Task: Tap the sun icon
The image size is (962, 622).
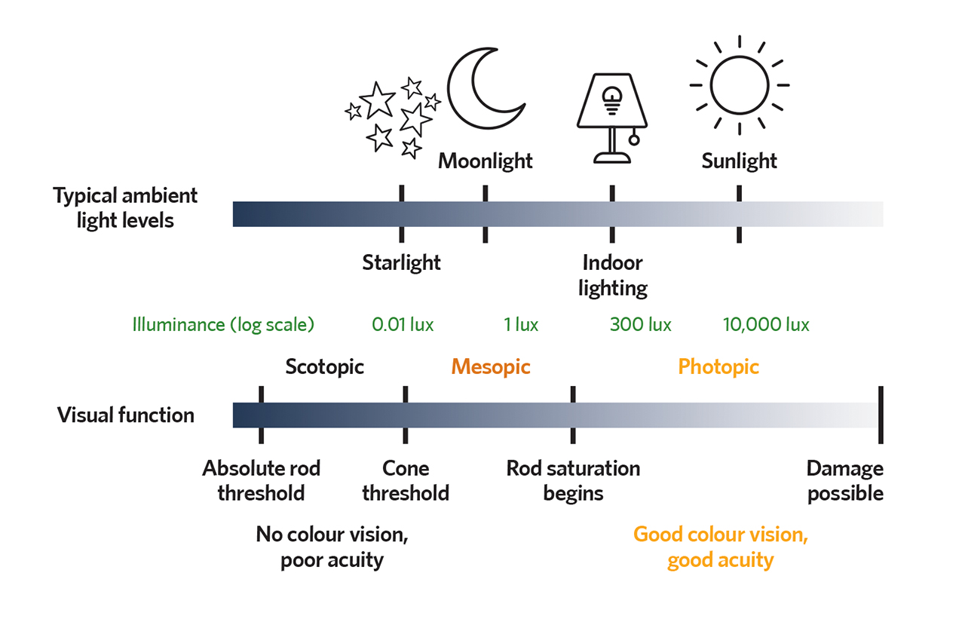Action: [740, 85]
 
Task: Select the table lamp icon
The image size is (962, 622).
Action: [612, 118]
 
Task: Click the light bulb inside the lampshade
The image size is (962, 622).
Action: [612, 100]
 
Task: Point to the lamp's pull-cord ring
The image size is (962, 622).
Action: [634, 139]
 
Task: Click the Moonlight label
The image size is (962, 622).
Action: [486, 161]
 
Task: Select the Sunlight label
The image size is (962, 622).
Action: [739, 161]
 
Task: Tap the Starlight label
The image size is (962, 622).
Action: [401, 262]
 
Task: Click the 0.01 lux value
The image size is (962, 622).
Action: [403, 324]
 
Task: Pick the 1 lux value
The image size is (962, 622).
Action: [521, 324]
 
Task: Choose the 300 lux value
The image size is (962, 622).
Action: [640, 324]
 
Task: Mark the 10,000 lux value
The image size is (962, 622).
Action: [766, 324]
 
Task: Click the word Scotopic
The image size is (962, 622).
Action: [325, 367]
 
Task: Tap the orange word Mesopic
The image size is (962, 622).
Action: [491, 367]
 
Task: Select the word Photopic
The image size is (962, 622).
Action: [718, 367]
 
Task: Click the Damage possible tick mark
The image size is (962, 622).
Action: [881, 415]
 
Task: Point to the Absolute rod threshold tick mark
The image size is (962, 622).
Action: [261, 415]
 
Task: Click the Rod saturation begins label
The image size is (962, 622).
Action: [573, 481]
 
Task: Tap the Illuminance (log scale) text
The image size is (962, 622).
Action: [223, 325]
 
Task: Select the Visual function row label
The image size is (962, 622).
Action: [126, 415]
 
